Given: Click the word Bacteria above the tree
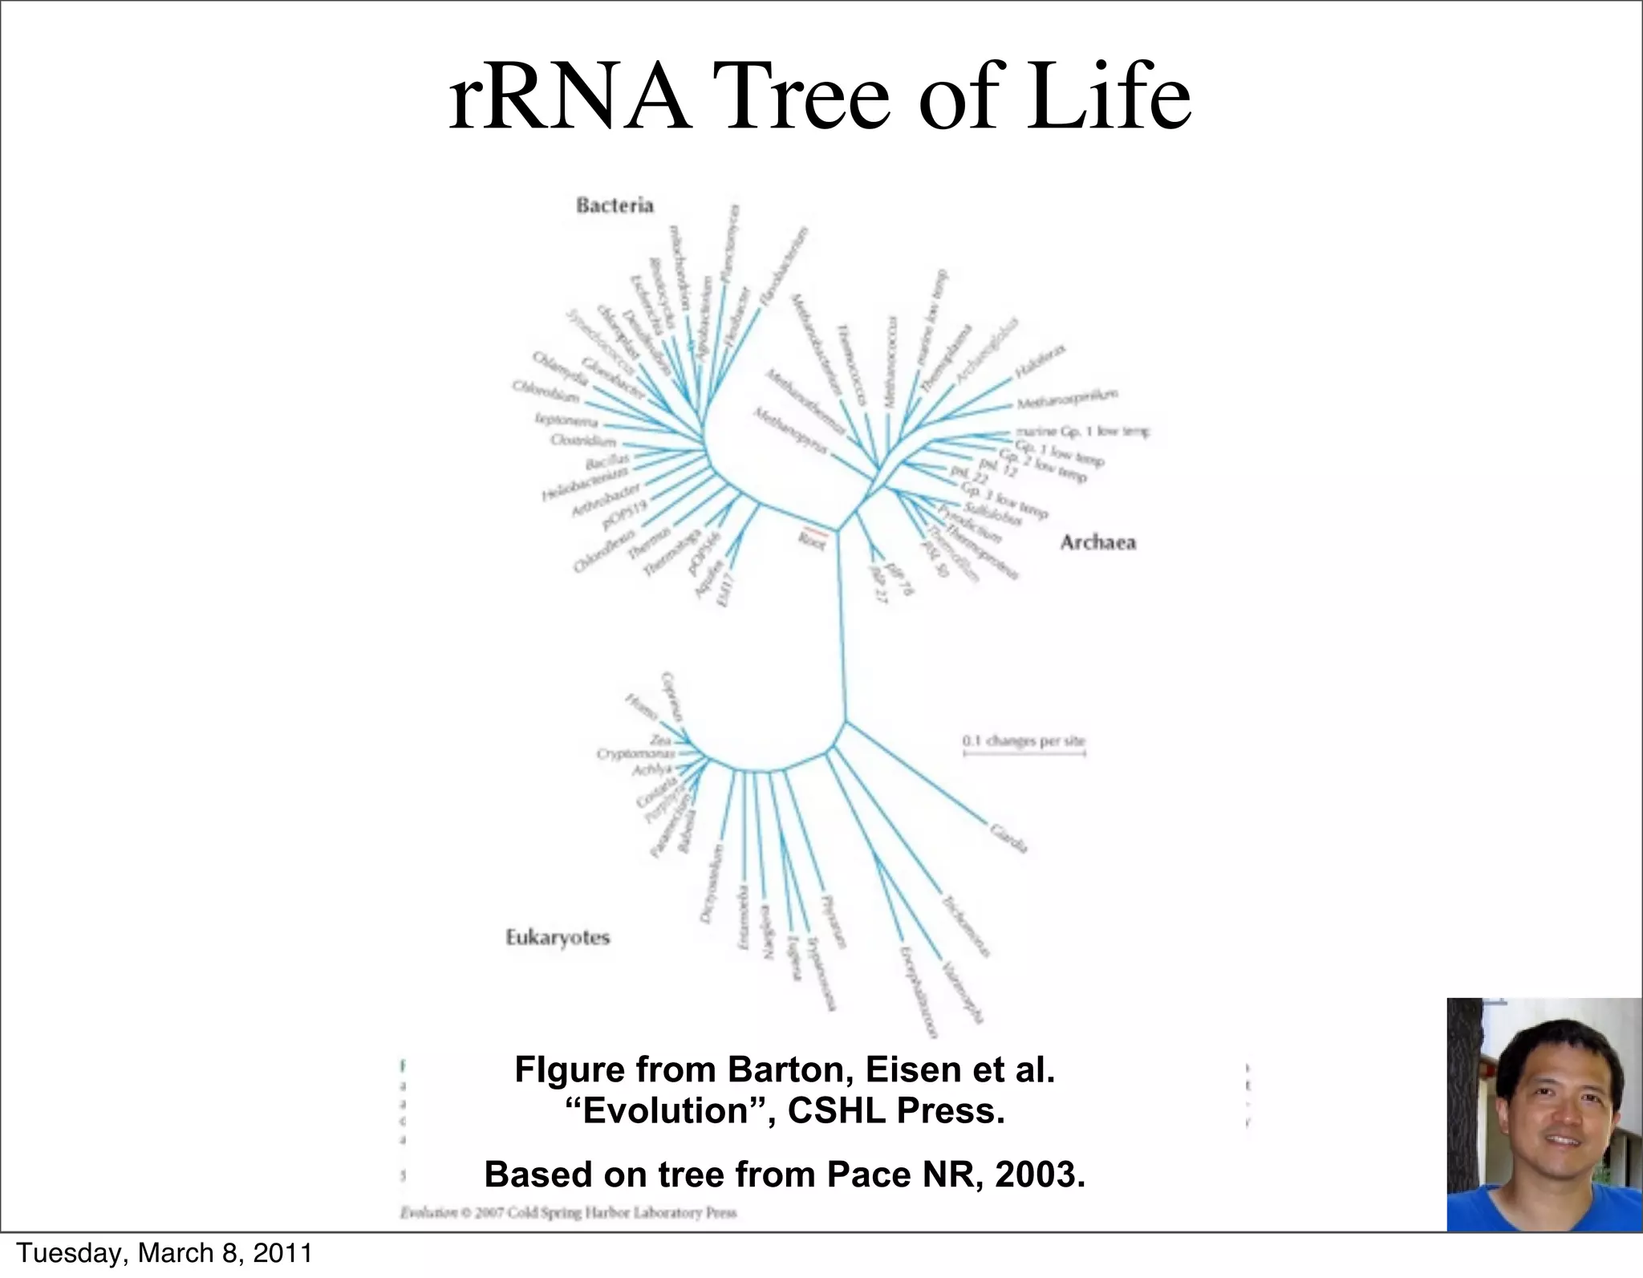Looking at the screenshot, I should (x=615, y=205).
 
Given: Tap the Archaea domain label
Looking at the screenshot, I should (x=1097, y=542).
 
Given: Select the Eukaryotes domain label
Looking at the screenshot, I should (x=558, y=937).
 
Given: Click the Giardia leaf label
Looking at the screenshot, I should (x=1008, y=838).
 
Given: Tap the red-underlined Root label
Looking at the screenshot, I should (x=812, y=541).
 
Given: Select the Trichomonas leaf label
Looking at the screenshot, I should (x=965, y=927).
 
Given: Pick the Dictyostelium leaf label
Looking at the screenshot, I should (x=712, y=883).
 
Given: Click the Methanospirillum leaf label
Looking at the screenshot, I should (x=1067, y=398).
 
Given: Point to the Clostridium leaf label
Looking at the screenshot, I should (x=583, y=440).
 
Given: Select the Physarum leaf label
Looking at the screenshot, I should (x=833, y=923).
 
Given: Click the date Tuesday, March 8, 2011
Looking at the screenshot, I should (x=164, y=1253).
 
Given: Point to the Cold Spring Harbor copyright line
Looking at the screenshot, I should (x=568, y=1212).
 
